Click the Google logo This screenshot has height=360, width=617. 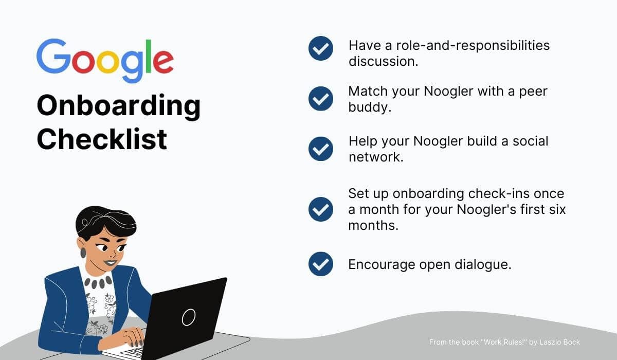[104, 61]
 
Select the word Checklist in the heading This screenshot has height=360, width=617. [102, 139]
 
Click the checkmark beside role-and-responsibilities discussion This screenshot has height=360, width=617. [321, 49]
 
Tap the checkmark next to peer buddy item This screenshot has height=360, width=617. [321, 98]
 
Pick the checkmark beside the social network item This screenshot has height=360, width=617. [321, 149]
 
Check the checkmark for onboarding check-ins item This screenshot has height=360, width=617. [321, 209]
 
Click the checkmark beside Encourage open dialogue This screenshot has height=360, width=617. [321, 264]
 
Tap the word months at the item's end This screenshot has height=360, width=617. [373, 225]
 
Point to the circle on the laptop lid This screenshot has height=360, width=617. [189, 317]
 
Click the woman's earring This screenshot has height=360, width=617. [83, 253]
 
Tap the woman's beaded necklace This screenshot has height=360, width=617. [97, 282]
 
